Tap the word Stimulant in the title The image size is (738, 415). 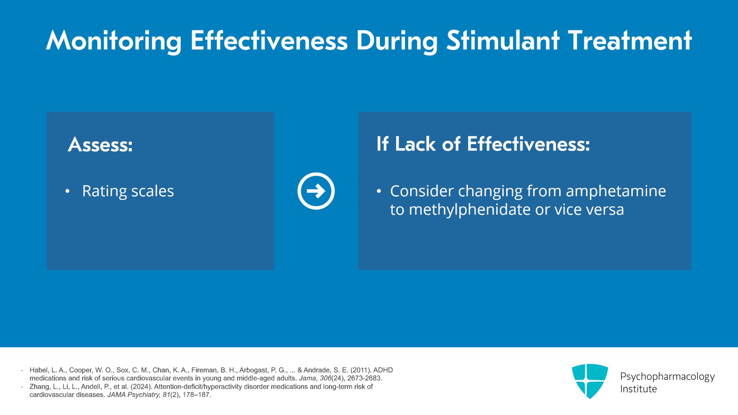pyautogui.click(x=503, y=41)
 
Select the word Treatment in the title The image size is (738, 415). pyautogui.click(x=630, y=41)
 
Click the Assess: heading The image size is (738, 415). pyautogui.click(x=100, y=145)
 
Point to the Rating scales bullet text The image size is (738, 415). pyautogui.click(x=128, y=191)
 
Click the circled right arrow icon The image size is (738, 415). pyautogui.click(x=316, y=191)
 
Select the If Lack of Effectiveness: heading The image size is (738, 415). pyautogui.click(x=483, y=144)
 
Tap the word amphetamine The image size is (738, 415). pyautogui.click(x=616, y=191)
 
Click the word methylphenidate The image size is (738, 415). pyautogui.click(x=470, y=210)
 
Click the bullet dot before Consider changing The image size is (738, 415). pyautogui.click(x=379, y=191)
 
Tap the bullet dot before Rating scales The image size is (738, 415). pyautogui.click(x=67, y=191)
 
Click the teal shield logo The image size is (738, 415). pyautogui.click(x=589, y=381)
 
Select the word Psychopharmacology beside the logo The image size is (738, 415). pyautogui.click(x=667, y=377)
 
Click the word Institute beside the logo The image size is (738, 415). pyautogui.click(x=638, y=389)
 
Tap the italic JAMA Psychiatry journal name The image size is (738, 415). pyautogui.click(x=133, y=395)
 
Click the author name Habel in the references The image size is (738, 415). pyautogui.click(x=38, y=370)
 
